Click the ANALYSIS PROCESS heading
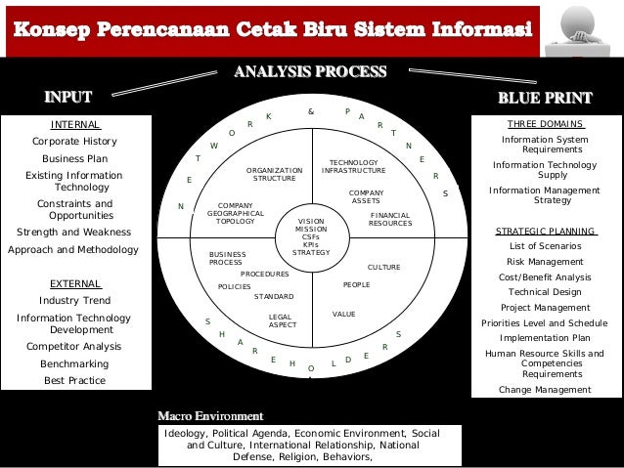click(x=309, y=71)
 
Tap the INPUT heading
click(x=67, y=97)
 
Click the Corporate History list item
click(x=74, y=141)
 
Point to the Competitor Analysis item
click(x=74, y=345)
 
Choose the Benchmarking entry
click(x=74, y=362)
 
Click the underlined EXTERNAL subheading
click(x=74, y=283)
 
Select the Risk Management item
click(x=546, y=262)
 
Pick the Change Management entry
click(x=546, y=389)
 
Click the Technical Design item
click(x=546, y=291)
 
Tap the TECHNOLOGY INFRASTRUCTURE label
click(x=353, y=166)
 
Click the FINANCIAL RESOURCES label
click(x=390, y=219)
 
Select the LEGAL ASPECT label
click(x=282, y=320)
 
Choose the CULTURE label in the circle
click(x=383, y=267)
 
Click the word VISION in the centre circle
click(x=311, y=222)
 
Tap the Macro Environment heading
click(x=210, y=416)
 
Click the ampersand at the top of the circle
click(x=311, y=112)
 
